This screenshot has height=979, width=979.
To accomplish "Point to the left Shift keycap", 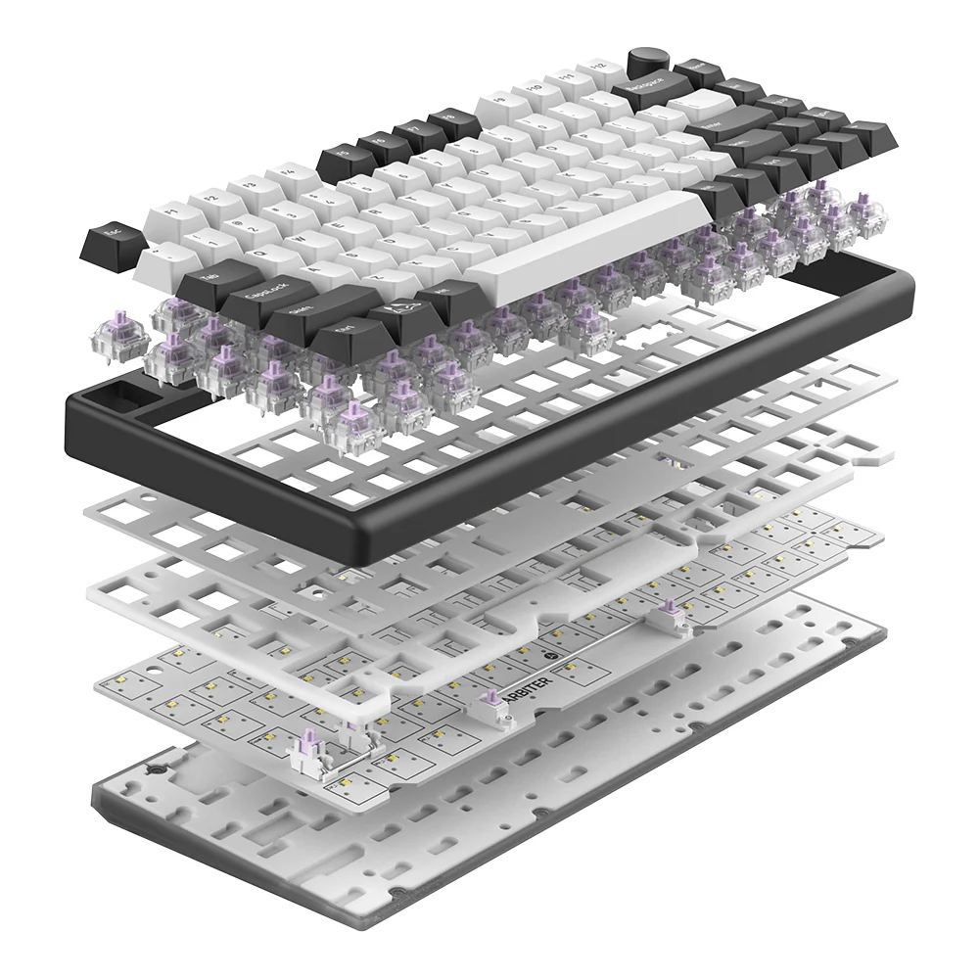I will tap(299, 316).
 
